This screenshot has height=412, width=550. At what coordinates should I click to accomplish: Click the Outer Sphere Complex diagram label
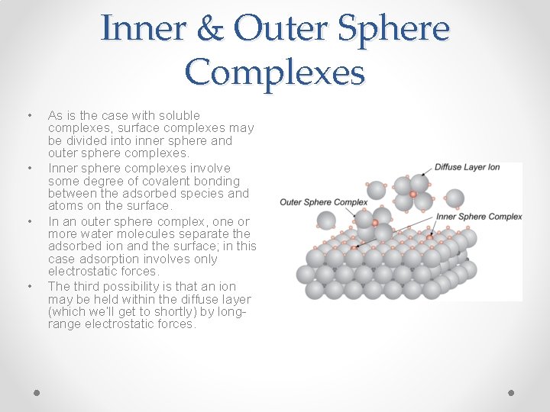coord(323,202)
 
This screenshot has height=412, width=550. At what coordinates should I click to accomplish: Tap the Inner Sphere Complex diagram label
coord(479,217)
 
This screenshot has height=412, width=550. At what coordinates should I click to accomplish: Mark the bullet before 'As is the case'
coord(30,115)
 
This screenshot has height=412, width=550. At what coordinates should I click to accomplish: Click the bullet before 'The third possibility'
coord(30,286)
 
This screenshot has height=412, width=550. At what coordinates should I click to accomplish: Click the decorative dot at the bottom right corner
coord(512,392)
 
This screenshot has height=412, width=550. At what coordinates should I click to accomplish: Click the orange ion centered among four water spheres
coord(413,195)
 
